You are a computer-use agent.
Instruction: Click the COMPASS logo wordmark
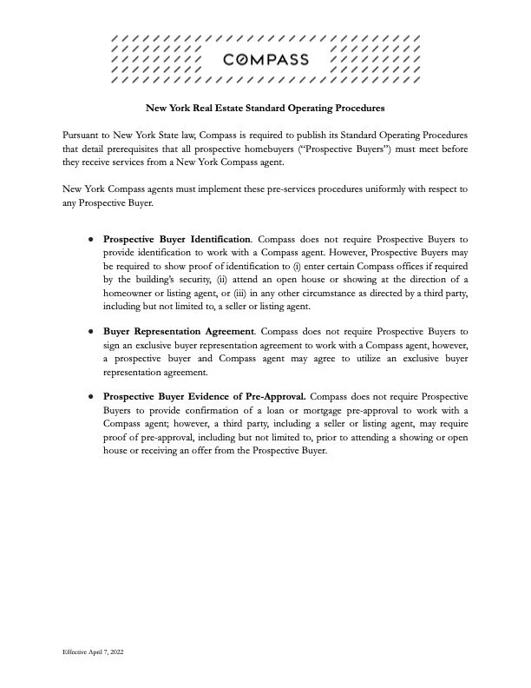coord(265,60)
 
